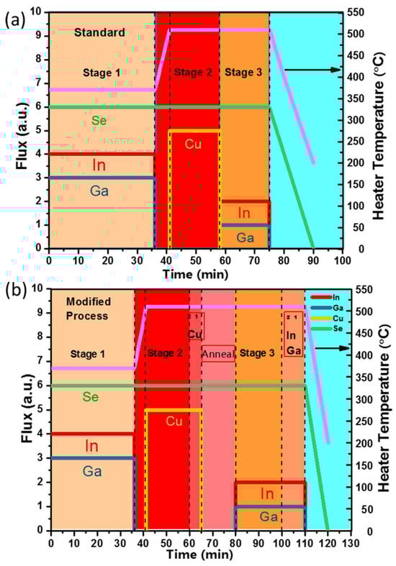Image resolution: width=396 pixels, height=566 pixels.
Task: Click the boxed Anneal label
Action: click(218, 353)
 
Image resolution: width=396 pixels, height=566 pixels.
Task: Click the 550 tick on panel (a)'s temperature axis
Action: click(356, 12)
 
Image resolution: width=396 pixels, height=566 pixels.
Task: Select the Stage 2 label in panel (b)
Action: click(166, 352)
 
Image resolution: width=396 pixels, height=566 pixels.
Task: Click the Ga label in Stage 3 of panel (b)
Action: click(269, 516)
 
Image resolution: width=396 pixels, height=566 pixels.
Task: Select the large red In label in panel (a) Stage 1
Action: click(100, 164)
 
